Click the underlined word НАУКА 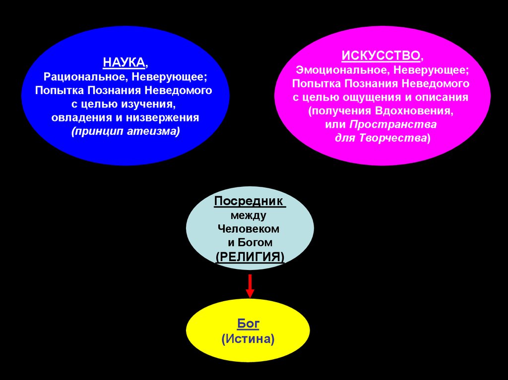(x=124, y=63)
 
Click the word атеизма (x=157, y=132)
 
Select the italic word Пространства (x=394, y=124)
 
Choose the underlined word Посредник (x=250, y=202)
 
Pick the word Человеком (x=249, y=229)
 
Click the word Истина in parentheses (x=248, y=339)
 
